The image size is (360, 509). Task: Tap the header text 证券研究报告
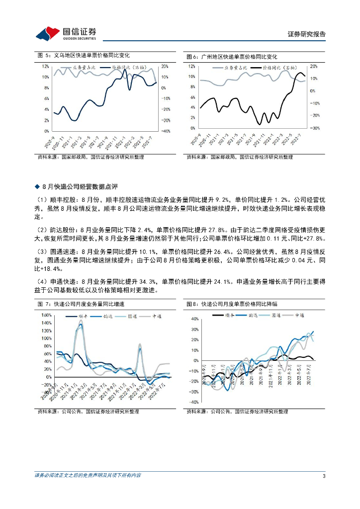click(307, 34)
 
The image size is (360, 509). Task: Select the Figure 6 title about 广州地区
click(231, 57)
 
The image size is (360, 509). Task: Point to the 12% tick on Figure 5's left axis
click(45, 66)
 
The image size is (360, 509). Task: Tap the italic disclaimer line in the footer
click(88, 476)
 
